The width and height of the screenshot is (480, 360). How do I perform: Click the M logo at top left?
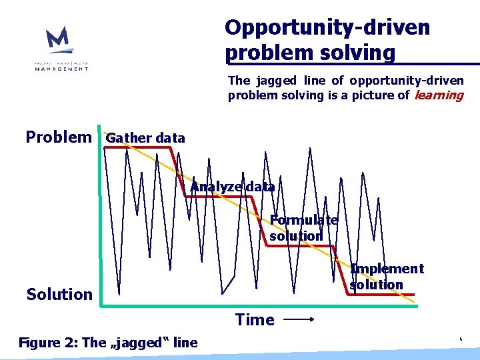click(x=59, y=40)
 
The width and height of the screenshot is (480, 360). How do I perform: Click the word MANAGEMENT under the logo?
click(x=61, y=68)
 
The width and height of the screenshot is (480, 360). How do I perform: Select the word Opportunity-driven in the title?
click(x=327, y=27)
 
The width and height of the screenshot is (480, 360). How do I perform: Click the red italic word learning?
click(x=438, y=95)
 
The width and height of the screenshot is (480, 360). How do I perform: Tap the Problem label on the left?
click(x=59, y=137)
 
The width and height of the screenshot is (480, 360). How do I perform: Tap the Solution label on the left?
click(x=59, y=294)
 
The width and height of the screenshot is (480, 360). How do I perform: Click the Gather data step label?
click(x=145, y=138)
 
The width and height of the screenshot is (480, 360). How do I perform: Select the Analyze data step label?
click(x=232, y=187)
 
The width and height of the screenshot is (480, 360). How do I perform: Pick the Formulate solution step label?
click(x=303, y=228)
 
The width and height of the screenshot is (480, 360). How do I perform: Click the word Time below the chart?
click(x=255, y=320)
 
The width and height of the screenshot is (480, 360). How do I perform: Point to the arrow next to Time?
click(x=299, y=320)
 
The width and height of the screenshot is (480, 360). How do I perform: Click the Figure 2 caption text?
click(x=108, y=343)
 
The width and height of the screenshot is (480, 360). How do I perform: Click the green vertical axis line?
click(x=100, y=220)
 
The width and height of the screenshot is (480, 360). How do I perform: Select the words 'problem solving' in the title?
click(x=310, y=52)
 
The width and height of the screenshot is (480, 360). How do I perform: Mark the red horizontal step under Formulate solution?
click(x=300, y=246)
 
